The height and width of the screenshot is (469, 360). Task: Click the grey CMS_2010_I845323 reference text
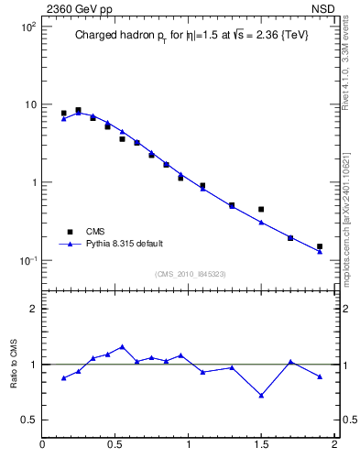pos(190,274)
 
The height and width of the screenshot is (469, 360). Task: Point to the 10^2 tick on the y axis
pos(28,27)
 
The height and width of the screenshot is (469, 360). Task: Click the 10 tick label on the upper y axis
pos(30,104)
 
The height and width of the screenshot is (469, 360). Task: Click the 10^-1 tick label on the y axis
pos(28,260)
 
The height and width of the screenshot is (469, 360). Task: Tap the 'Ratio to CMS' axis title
pos(15,364)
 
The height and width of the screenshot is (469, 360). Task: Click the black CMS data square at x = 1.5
pos(261,210)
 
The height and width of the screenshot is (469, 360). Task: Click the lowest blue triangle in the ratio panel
pos(261,396)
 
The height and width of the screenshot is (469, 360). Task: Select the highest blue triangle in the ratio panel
pos(122,347)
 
